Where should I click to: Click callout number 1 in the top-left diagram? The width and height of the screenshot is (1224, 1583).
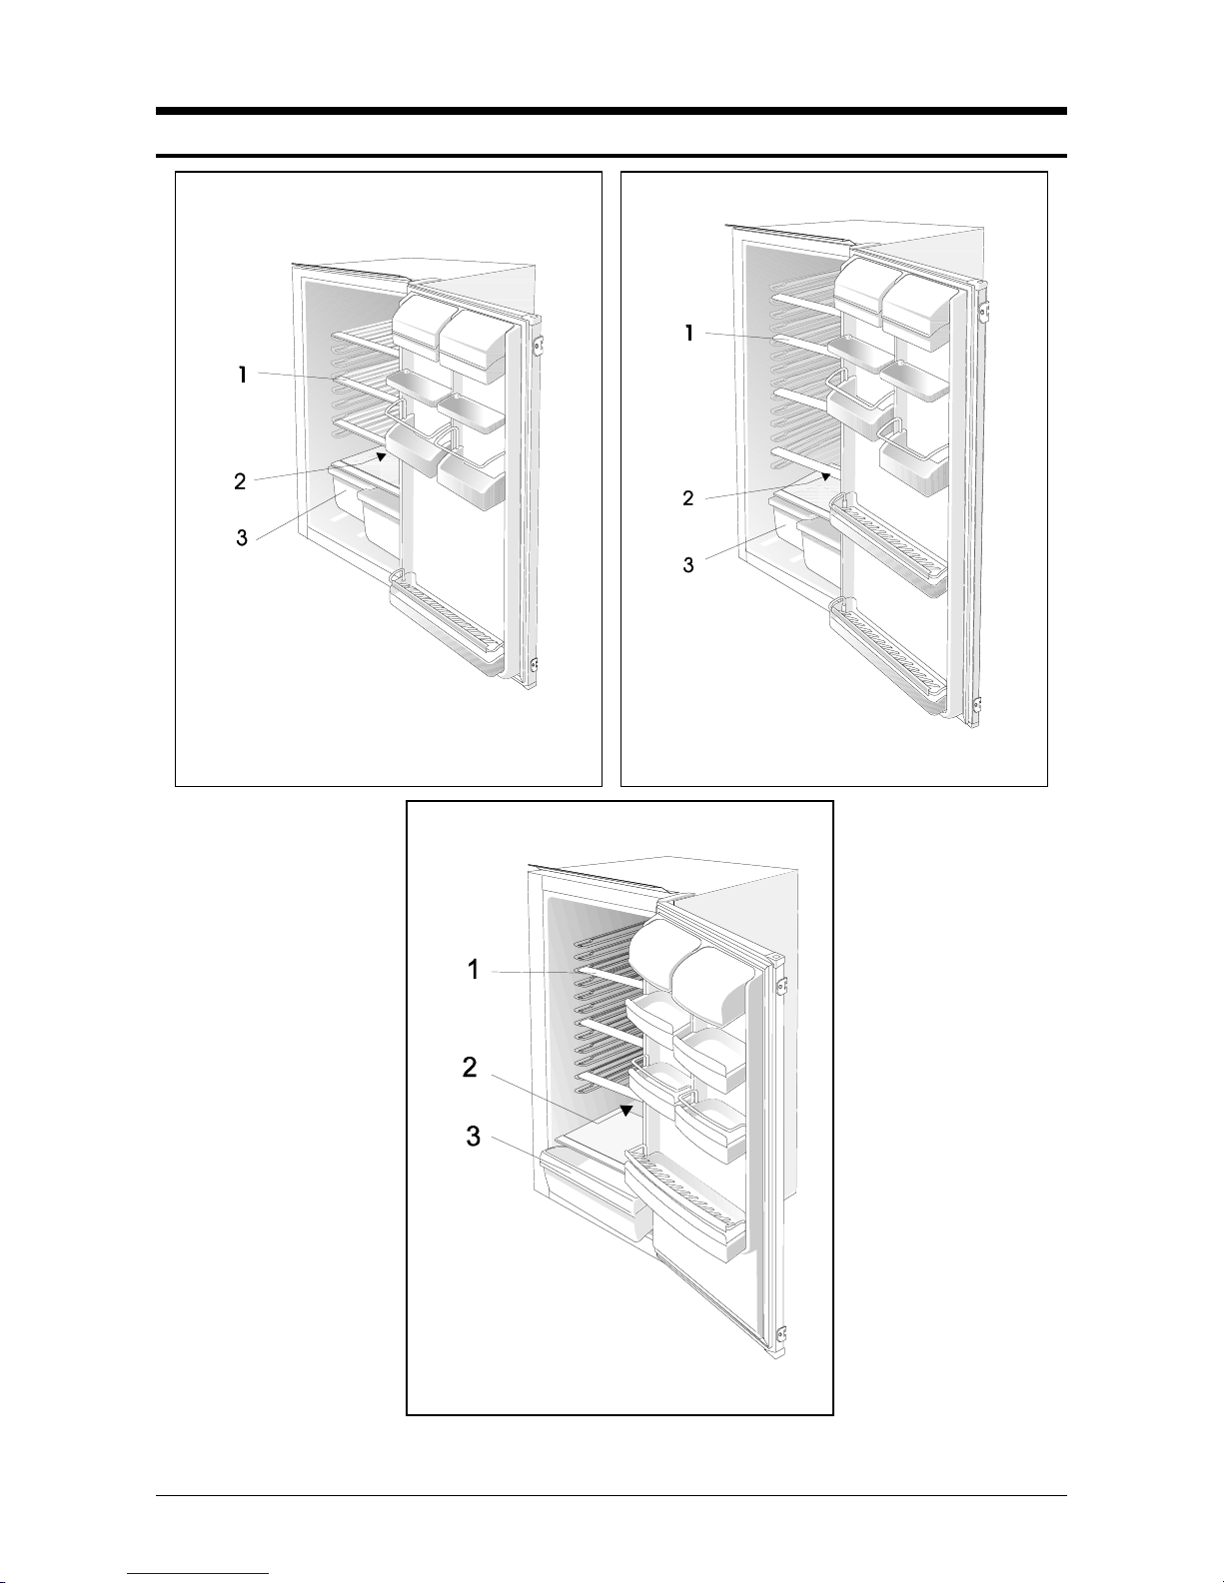click(243, 376)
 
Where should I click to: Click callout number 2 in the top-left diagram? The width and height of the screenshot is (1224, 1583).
click(240, 481)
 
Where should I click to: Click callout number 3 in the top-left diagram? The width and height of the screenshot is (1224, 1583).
click(242, 538)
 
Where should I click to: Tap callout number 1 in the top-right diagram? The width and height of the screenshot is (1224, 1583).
click(688, 334)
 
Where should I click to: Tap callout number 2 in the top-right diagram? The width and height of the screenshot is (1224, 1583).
click(688, 498)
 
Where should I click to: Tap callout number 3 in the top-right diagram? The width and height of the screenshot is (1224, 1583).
click(688, 564)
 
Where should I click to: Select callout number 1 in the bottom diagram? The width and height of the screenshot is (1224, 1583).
click(474, 970)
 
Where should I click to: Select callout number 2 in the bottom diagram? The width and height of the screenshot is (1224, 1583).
click(470, 1068)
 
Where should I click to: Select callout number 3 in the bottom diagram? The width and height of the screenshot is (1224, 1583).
click(474, 1136)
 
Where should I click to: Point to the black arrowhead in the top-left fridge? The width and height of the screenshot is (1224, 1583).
click(381, 456)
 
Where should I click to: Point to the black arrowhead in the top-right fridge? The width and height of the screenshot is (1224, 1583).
click(825, 476)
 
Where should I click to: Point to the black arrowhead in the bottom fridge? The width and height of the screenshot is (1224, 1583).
click(625, 1110)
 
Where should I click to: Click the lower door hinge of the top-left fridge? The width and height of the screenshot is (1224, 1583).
click(536, 665)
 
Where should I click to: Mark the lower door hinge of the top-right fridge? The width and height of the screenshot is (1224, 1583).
click(979, 706)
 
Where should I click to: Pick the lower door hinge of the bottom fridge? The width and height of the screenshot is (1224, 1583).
click(780, 1334)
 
